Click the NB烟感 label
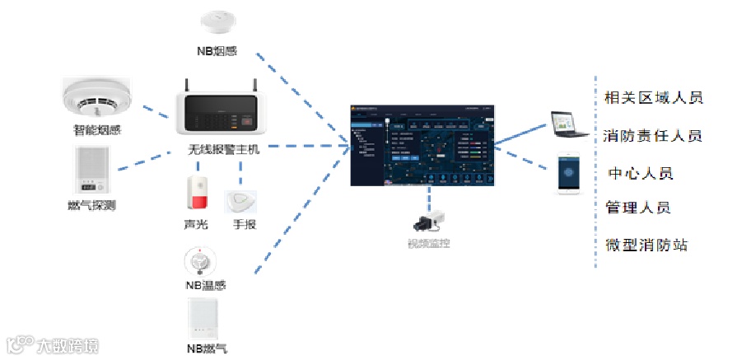217,51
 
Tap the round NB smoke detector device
217,20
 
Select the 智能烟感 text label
98,129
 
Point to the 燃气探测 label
91,204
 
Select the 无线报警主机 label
223,150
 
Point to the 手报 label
245,224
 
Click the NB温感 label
205,286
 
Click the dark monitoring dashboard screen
423,144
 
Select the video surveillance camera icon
428,220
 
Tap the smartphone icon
570,173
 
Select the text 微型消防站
646,245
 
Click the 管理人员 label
638,207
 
